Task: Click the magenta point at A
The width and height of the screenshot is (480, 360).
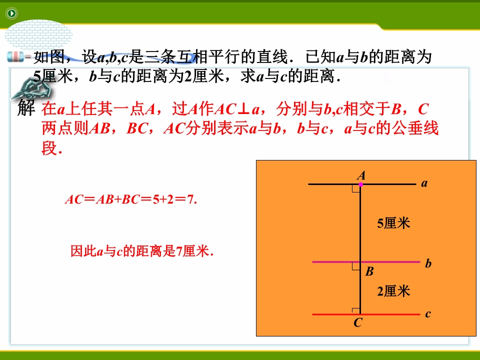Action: pyautogui.click(x=360, y=184)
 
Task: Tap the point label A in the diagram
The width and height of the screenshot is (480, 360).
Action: pyautogui.click(x=361, y=175)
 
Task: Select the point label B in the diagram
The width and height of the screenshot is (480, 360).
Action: pyautogui.click(x=369, y=271)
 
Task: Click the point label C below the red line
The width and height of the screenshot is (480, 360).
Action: pyautogui.click(x=358, y=322)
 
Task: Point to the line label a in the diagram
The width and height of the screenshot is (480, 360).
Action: pyautogui.click(x=424, y=183)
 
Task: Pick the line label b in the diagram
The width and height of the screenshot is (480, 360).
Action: pyautogui.click(x=428, y=263)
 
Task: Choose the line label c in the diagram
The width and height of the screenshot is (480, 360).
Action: pyautogui.click(x=428, y=314)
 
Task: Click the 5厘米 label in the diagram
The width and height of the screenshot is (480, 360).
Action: pyautogui.click(x=393, y=223)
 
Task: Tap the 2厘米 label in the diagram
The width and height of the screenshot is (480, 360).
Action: pyautogui.click(x=393, y=291)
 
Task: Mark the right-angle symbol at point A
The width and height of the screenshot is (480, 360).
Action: pyautogui.click(x=356, y=188)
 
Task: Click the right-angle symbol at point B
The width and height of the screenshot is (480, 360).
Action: pyautogui.click(x=356, y=266)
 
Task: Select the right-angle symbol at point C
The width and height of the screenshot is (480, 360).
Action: pyautogui.click(x=356, y=311)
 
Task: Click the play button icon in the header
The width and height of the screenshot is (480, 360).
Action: pyautogui.click(x=11, y=13)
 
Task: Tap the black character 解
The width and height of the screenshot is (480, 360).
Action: pyautogui.click(x=26, y=107)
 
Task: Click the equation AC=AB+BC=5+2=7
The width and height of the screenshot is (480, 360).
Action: pyautogui.click(x=131, y=199)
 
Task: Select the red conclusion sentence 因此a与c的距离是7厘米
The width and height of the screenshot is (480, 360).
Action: pyautogui.click(x=142, y=251)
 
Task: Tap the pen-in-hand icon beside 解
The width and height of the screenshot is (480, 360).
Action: pyautogui.click(x=31, y=89)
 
